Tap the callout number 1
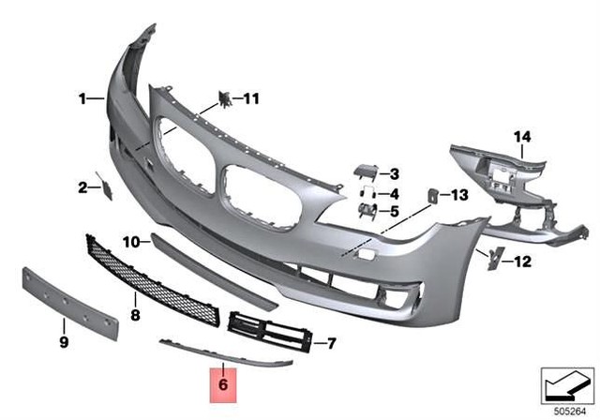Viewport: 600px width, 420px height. click(82, 97)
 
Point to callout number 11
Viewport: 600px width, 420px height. click(252, 97)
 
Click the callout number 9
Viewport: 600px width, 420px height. click(65, 342)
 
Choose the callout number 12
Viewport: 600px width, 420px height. click(522, 262)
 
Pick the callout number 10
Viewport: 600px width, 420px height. click(129, 241)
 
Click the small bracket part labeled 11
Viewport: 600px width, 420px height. click(225, 98)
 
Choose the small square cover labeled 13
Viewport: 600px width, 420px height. click(434, 196)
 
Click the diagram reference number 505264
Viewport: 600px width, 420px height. click(570, 411)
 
